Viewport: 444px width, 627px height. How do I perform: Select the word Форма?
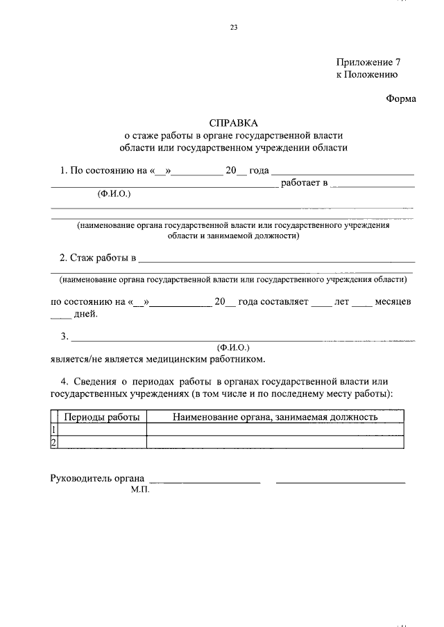pyautogui.click(x=401, y=98)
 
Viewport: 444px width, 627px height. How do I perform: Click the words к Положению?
pyautogui.click(x=367, y=75)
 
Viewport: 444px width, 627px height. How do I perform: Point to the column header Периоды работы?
pyautogui.click(x=102, y=417)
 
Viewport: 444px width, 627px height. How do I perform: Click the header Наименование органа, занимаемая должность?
pyautogui.click(x=275, y=417)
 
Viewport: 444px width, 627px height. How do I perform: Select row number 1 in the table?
pyautogui.click(x=53, y=430)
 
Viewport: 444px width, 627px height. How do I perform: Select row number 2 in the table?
pyautogui.click(x=53, y=443)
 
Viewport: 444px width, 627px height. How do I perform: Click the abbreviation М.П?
pyautogui.click(x=139, y=489)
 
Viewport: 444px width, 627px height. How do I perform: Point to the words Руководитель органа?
pyautogui.click(x=98, y=478)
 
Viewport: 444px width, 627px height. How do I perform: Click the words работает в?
pyautogui.click(x=304, y=182)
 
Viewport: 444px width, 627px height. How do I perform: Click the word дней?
pyautogui.click(x=86, y=315)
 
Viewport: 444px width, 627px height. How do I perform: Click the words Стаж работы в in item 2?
pyautogui.click(x=97, y=258)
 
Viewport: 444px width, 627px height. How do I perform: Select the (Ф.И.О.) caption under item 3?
pyautogui.click(x=233, y=347)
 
